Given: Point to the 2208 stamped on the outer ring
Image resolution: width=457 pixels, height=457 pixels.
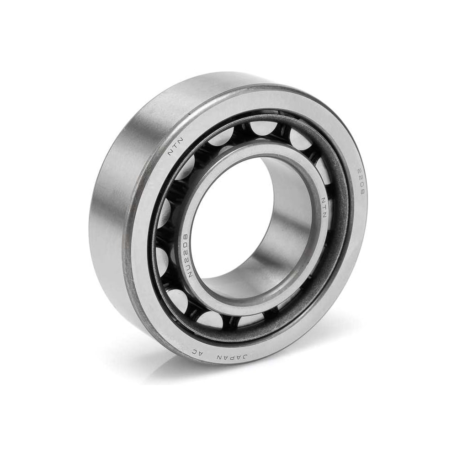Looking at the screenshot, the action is (x=359, y=181).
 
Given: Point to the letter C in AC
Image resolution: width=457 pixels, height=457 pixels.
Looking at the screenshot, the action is (x=193, y=351).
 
